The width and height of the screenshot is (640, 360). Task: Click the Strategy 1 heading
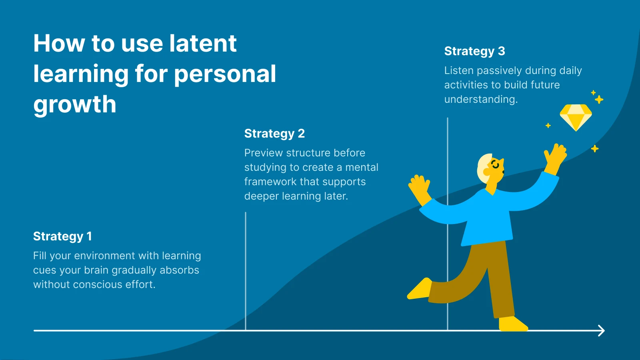(62, 236)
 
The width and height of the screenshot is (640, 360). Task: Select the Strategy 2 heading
(274, 134)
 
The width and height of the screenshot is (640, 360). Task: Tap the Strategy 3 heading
(474, 51)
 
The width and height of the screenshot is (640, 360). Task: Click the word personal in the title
(225, 74)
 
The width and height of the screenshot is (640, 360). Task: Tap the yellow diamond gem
(576, 117)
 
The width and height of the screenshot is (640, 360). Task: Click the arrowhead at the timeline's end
(601, 331)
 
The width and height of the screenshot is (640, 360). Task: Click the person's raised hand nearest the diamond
(556, 154)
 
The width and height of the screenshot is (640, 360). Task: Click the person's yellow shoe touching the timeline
(513, 324)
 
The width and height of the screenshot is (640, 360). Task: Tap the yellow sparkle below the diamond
(595, 149)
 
